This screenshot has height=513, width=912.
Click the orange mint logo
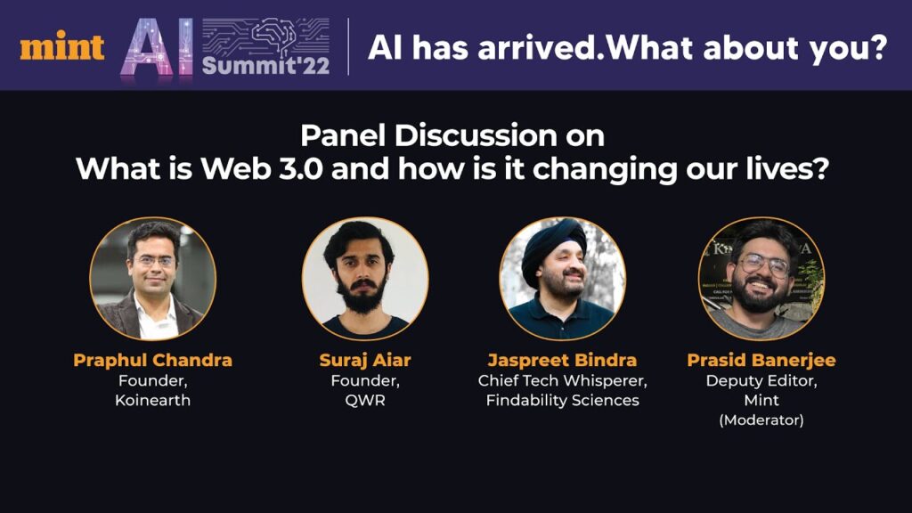(62, 46)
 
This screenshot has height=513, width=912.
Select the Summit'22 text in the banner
(265, 65)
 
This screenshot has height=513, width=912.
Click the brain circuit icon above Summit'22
(265, 36)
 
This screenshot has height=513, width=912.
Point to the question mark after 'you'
(877, 47)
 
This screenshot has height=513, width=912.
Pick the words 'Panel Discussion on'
(452, 136)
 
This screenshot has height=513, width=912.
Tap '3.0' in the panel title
(301, 168)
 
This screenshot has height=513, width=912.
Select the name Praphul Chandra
(152, 360)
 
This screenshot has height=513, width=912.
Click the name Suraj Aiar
(364, 361)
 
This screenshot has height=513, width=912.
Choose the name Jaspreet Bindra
(562, 361)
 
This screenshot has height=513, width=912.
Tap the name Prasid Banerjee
(761, 361)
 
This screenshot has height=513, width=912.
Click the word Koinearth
(152, 400)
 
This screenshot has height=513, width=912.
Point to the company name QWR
(364, 400)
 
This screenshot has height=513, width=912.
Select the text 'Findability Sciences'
(563, 400)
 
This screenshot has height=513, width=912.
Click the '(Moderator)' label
(761, 420)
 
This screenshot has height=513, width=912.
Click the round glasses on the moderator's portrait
(763, 265)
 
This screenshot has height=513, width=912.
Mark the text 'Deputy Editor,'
(761, 381)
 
